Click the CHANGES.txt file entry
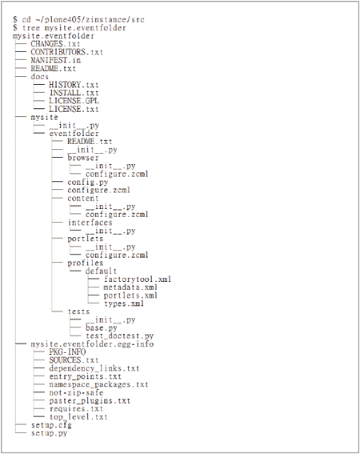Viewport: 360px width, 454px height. pyautogui.click(x=55, y=44)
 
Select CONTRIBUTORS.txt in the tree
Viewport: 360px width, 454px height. pyautogui.click(x=67, y=52)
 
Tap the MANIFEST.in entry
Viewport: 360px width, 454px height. pyautogui.click(x=55, y=60)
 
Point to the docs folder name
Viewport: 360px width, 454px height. pyautogui.click(x=40, y=76)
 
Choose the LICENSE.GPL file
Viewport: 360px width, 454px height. pyautogui.click(x=74, y=101)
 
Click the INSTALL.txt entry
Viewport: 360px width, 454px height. pyautogui.click(x=74, y=93)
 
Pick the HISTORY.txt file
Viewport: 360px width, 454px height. pyautogui.click(x=74, y=85)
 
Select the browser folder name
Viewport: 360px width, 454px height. pyautogui.click(x=83, y=158)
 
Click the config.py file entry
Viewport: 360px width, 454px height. pyautogui.click(x=88, y=182)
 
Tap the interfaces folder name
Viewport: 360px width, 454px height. pyautogui.click(x=90, y=223)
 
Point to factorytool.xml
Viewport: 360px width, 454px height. pyautogui.click(x=138, y=279)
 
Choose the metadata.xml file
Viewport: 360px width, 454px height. pyautogui.click(x=130, y=287)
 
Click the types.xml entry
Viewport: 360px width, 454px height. pyautogui.click(x=124, y=303)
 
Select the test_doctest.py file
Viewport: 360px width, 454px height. pyautogui.click(x=119, y=335)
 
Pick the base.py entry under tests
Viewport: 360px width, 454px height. pyautogui.click(x=102, y=327)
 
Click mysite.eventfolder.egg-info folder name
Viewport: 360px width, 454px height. pyautogui.click(x=92, y=344)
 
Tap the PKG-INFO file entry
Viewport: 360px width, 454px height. pyautogui.click(x=67, y=352)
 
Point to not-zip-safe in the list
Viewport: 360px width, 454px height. pyautogui.click(x=76, y=392)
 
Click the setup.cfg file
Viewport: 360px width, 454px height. pyautogui.click(x=51, y=425)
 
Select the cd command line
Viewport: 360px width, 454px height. pyautogui.click(x=78, y=19)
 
